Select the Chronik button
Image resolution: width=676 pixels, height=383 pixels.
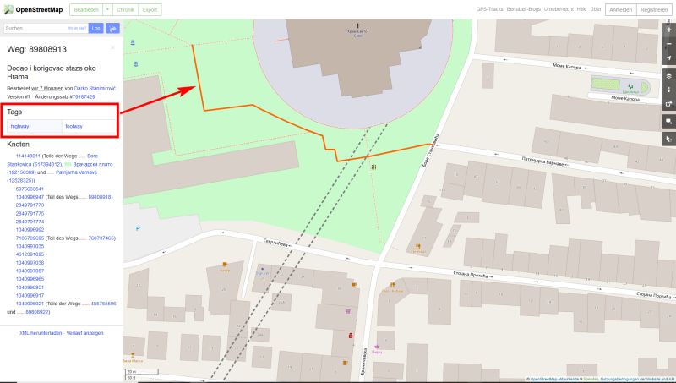pyautogui.click(x=125, y=9)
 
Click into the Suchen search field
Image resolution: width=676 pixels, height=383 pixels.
pyautogui.click(x=44, y=28)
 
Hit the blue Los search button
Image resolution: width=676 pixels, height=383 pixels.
pyautogui.click(x=96, y=28)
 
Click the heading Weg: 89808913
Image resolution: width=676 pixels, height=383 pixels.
pyautogui.click(x=36, y=49)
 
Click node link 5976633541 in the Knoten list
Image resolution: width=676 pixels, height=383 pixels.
pyautogui.click(x=30, y=189)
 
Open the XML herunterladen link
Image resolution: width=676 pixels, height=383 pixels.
pyautogui.click(x=41, y=332)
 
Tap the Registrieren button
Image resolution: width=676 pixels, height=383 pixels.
pyautogui.click(x=654, y=9)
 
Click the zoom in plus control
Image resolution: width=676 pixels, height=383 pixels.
pyautogui.click(x=668, y=29)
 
